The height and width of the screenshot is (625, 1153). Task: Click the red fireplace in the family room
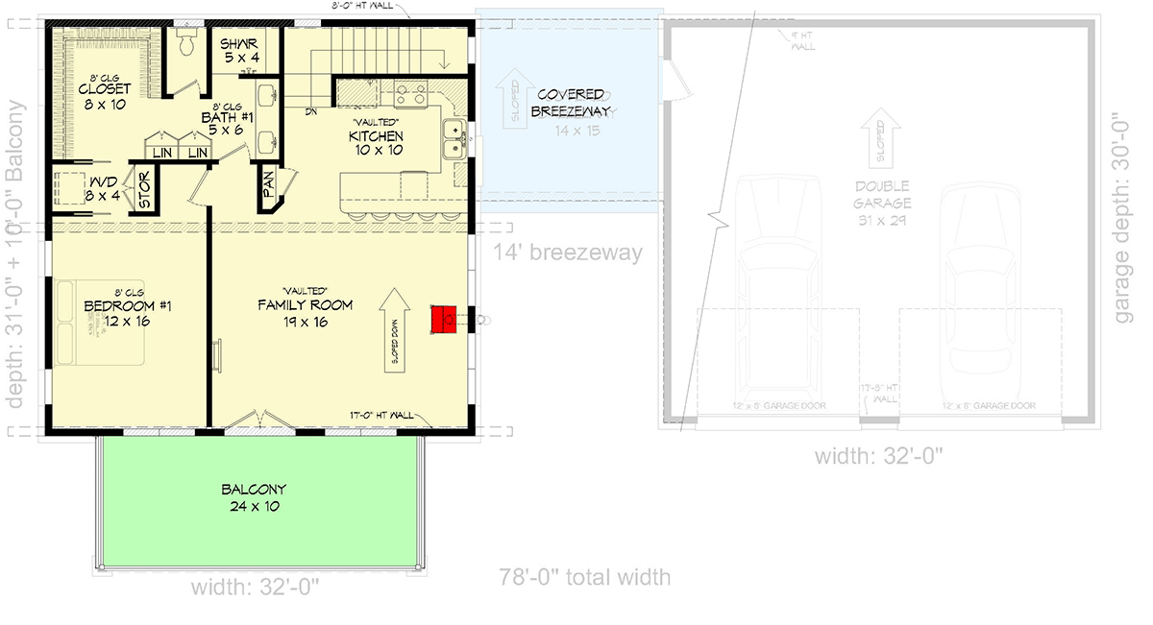(443, 320)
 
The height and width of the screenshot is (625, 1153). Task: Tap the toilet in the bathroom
(187, 44)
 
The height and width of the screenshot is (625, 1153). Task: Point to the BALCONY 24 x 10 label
(253, 497)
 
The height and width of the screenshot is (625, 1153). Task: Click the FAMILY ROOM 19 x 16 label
(305, 313)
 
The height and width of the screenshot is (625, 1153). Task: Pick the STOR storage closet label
(145, 190)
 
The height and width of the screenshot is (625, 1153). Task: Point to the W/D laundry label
(104, 187)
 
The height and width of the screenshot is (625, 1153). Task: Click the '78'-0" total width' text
(584, 577)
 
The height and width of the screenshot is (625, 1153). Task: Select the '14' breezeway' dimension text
(567, 253)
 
